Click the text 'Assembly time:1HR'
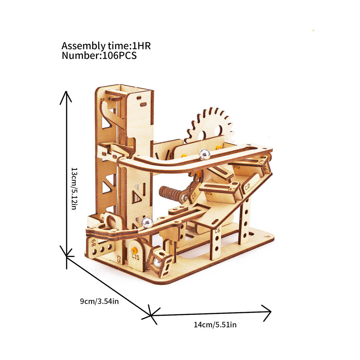(106, 46)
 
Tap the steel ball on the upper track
(204, 154)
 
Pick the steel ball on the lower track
(147, 222)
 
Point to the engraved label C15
(136, 256)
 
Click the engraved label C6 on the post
(217, 231)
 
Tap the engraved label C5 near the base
(119, 259)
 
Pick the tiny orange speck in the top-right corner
(313, 31)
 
